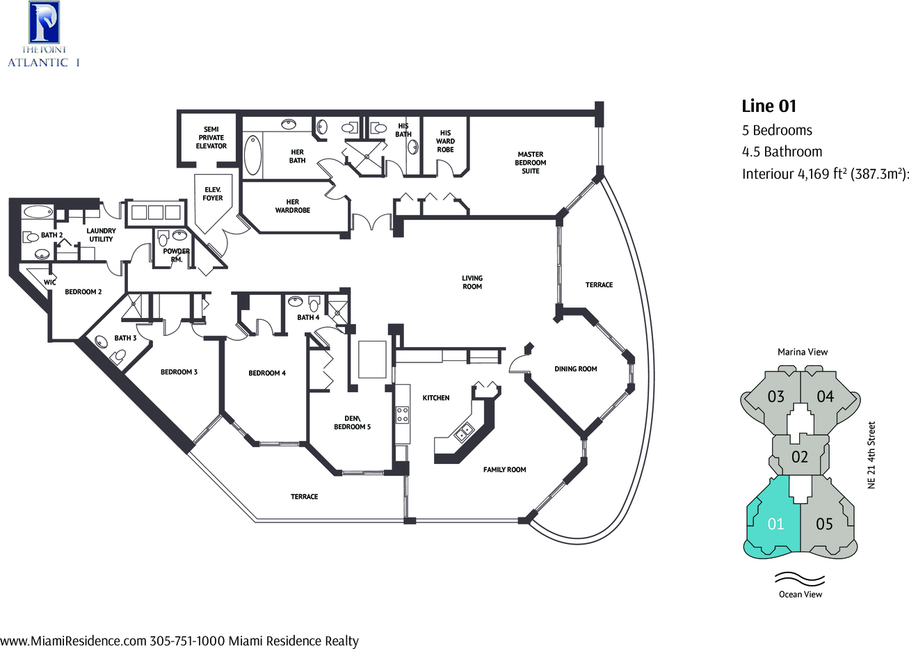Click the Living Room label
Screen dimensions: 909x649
coord(472,282)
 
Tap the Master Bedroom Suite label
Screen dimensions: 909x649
coord(531,162)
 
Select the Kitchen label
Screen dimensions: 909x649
coord(436,398)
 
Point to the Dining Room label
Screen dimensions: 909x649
coord(575,369)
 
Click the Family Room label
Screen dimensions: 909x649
coord(504,470)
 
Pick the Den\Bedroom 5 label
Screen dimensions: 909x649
coord(352,422)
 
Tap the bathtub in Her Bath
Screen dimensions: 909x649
coord(252,155)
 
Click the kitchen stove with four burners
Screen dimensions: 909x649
coord(402,415)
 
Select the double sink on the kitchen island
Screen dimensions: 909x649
coord(464,432)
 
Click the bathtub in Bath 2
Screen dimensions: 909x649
coord(38,211)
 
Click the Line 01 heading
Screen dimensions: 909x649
coord(769,106)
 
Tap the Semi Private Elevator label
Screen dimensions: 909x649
coord(211,138)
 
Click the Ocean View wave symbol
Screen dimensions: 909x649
coord(800,579)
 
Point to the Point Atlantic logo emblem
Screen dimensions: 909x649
coord(44,22)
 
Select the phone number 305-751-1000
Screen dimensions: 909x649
coord(187,641)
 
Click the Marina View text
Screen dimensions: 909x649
coord(803,352)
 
